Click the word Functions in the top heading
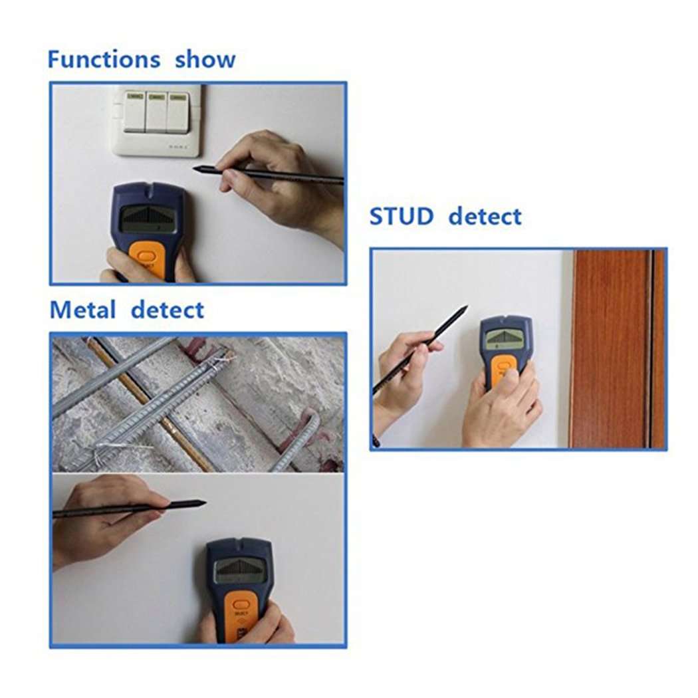pos(104,59)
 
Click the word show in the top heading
pos(205,59)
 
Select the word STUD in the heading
pos(401,217)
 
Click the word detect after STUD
pos(485,217)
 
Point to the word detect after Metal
pos(168,310)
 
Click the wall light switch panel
pos(157,120)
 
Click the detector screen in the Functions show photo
pos(148,219)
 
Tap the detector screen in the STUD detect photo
pos(504,338)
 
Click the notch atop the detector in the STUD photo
pos(506,318)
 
